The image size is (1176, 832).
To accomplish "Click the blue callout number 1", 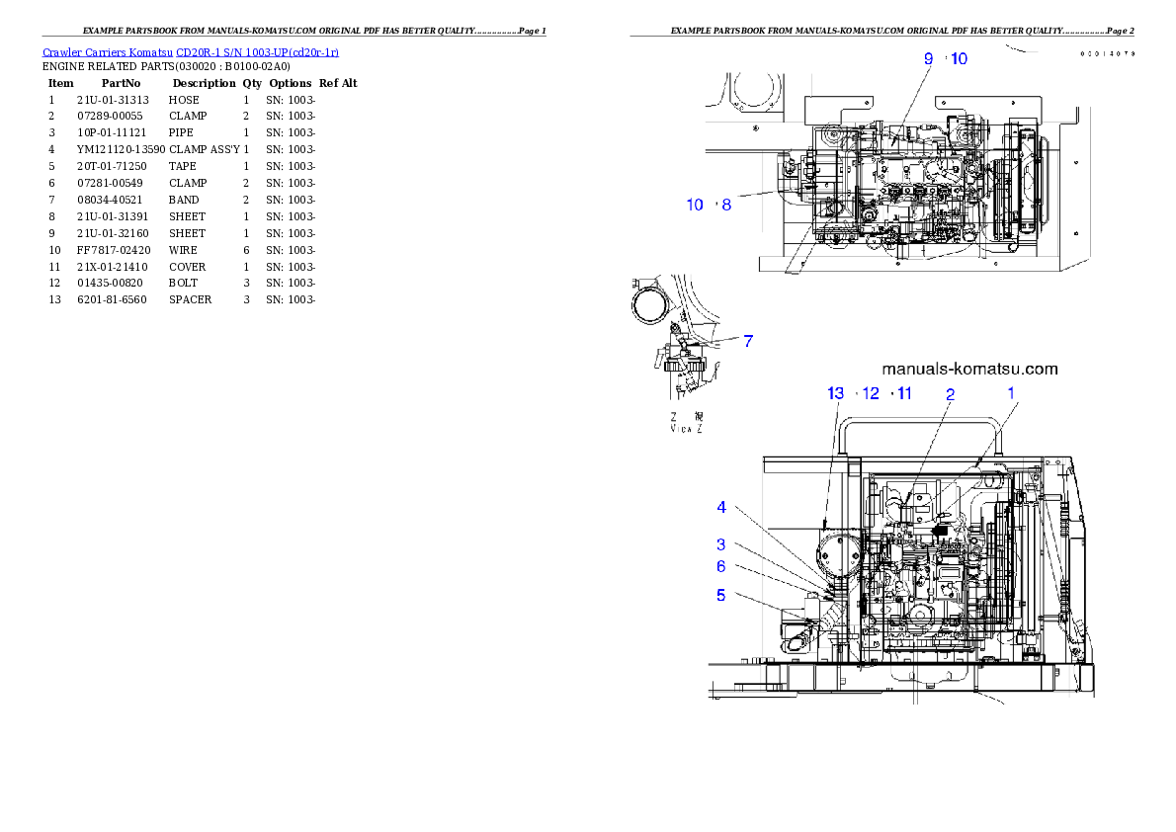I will (1011, 392).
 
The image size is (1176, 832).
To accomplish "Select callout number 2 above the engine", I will (950, 394).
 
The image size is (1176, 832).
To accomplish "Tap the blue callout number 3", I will (721, 544).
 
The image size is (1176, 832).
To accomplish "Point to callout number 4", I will (721, 508).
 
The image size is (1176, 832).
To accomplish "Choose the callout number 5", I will (721, 595).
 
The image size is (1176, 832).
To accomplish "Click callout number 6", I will (721, 566).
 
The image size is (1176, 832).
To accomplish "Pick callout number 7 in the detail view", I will (748, 341).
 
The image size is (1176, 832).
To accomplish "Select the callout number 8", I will (726, 205).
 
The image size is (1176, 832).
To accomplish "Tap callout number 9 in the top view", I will (928, 58).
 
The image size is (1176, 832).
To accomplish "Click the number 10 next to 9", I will (959, 58).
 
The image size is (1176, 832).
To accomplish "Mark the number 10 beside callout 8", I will (695, 205).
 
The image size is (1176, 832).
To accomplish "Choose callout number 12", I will (870, 393).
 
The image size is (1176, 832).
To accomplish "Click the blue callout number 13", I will (836, 393).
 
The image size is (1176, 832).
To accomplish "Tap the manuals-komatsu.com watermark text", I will (969, 369).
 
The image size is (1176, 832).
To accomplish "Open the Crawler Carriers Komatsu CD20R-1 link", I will (191, 51).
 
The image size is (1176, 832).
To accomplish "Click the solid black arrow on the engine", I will (941, 531).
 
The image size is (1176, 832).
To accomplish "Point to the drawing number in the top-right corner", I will (1107, 53).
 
